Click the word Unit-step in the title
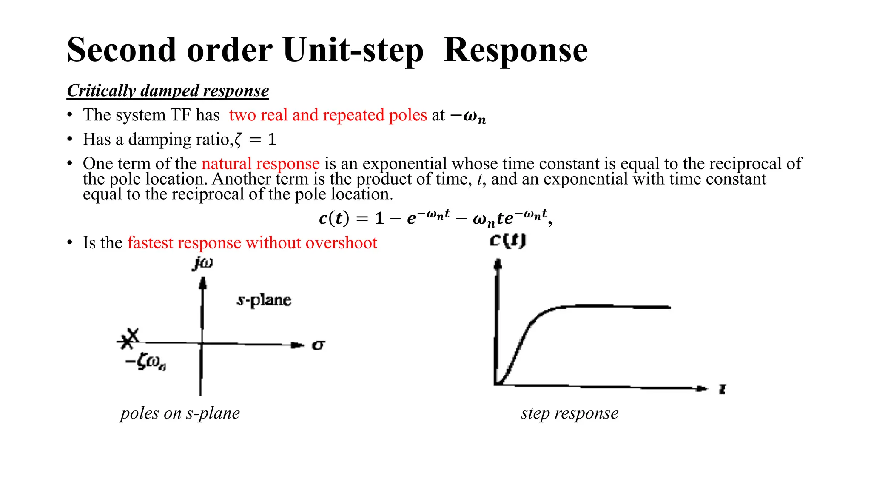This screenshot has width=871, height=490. (353, 50)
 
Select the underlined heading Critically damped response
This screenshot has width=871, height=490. (168, 91)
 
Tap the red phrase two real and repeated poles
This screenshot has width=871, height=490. (328, 115)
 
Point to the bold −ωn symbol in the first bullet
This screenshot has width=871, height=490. (468, 116)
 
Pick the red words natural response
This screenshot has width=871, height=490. (260, 164)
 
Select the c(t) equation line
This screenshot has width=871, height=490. (435, 218)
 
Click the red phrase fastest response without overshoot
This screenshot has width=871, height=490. (252, 243)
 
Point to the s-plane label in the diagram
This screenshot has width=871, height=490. (264, 300)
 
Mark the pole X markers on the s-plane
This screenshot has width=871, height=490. (129, 339)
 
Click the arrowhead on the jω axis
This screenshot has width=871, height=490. (203, 283)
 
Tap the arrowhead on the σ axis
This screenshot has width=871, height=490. (299, 345)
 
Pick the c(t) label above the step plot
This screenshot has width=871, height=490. (507, 241)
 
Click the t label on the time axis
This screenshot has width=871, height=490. (722, 389)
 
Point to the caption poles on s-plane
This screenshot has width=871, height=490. (180, 413)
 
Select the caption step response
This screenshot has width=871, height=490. (569, 413)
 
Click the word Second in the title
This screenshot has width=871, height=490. (121, 50)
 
